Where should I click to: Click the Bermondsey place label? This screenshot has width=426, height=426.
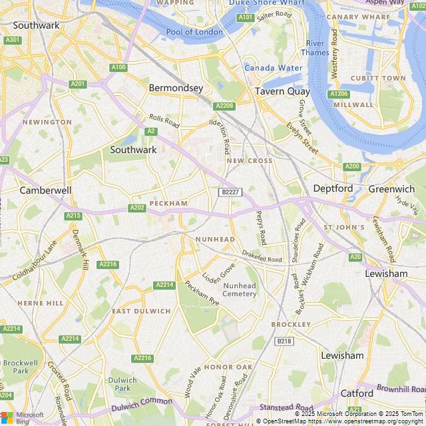(176, 88)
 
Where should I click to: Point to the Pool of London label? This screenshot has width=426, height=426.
(194, 32)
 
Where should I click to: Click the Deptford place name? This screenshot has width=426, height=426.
(333, 188)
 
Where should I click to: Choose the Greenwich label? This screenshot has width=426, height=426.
(391, 189)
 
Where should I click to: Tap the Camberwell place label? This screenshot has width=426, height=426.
(45, 190)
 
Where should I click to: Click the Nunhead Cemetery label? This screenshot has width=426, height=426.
(239, 290)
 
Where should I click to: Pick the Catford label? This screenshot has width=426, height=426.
(357, 393)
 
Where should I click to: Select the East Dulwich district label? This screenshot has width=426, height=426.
(141, 312)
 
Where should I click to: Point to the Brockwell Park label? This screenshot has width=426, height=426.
(21, 366)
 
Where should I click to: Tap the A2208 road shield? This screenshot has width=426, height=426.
(224, 106)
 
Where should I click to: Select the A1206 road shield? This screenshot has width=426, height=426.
(339, 94)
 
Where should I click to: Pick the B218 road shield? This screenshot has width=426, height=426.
(284, 341)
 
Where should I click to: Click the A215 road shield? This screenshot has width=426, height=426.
(73, 216)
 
